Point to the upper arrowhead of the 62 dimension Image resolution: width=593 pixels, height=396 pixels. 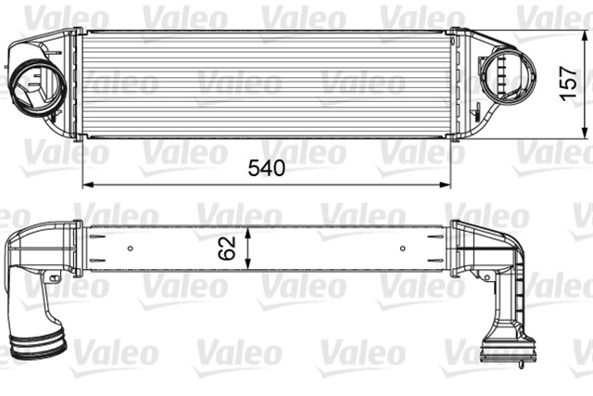247,228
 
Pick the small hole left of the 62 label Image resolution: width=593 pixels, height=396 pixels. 131,248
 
